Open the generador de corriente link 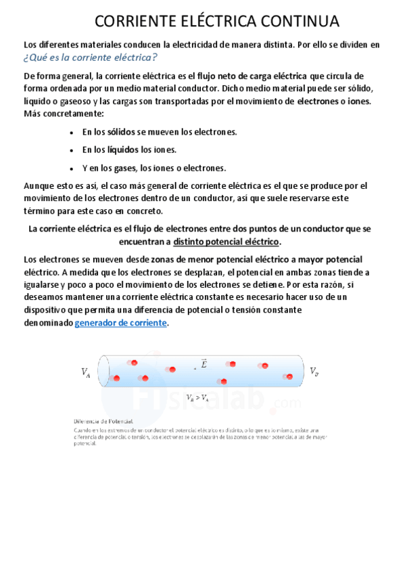click(x=121, y=323)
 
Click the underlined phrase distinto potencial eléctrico click(x=226, y=242)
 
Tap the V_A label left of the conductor click(x=86, y=372)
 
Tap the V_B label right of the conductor click(x=314, y=371)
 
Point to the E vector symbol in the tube click(x=203, y=364)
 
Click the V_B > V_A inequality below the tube click(x=197, y=398)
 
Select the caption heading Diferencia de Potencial click(x=103, y=421)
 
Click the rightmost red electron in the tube click(x=288, y=376)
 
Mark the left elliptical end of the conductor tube click(x=103, y=372)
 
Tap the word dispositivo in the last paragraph click(x=47, y=310)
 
